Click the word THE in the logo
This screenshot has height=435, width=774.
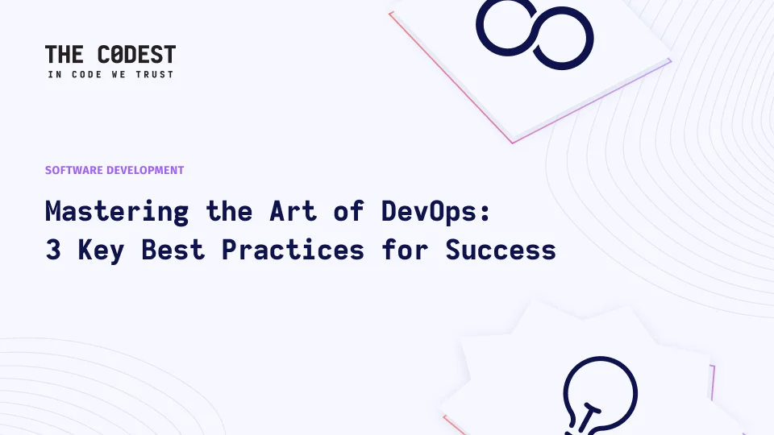tap(64, 54)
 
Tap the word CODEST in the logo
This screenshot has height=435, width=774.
tap(137, 54)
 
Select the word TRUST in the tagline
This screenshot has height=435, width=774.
tap(155, 74)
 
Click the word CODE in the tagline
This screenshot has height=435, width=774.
tap(87, 74)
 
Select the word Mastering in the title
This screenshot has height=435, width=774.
tap(117, 212)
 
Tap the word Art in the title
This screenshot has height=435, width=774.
tap(293, 211)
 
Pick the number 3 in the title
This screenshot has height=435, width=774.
tap(53, 250)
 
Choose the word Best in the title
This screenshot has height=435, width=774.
tap(173, 250)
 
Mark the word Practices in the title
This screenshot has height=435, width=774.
tap(293, 250)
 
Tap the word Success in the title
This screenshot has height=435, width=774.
tap(501, 250)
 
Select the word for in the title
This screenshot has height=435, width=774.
tap(405, 250)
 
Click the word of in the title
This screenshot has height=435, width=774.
tap(349, 211)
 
